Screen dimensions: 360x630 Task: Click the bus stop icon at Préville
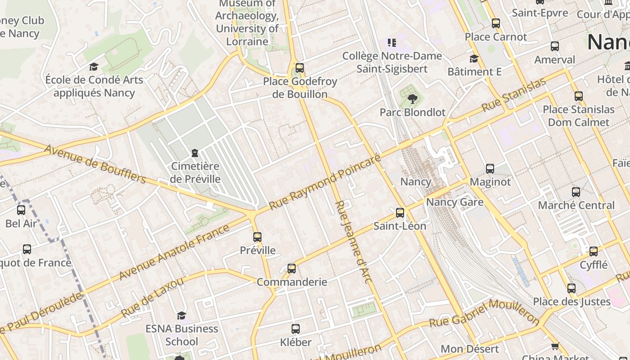point(257,237)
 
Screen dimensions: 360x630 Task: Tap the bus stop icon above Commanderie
point(292,269)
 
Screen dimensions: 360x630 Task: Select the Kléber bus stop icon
point(296,329)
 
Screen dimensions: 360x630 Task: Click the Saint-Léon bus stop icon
point(400,213)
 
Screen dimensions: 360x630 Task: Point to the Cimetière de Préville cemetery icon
point(195,153)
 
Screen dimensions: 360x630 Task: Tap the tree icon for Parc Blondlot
point(412,99)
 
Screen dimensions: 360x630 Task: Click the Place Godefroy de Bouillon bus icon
point(300,68)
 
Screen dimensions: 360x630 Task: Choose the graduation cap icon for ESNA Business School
point(181,315)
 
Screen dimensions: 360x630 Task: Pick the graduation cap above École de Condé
point(94,67)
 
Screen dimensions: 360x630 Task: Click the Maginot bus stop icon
point(490,169)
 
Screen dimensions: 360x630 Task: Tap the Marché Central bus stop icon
point(576,192)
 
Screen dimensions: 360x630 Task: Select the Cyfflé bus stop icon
point(594,252)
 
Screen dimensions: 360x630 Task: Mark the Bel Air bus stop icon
point(21,210)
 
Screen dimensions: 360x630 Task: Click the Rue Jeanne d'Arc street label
point(354,242)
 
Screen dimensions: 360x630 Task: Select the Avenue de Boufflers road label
point(95,164)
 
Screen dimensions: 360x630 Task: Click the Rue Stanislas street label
point(513,95)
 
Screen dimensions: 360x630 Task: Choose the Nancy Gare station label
point(454,202)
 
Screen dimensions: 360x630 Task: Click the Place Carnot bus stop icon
point(496,23)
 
